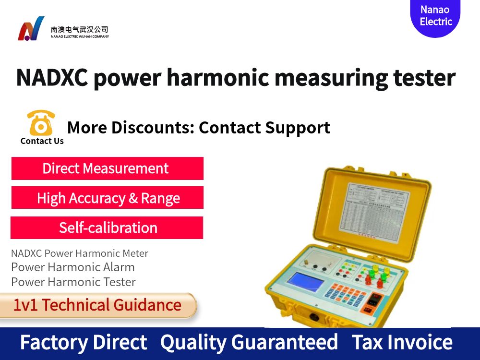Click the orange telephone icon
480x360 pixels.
tap(41, 123)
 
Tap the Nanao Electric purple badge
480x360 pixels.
tap(435, 16)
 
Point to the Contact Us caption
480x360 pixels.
tap(42, 141)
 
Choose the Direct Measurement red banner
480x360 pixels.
tap(107, 168)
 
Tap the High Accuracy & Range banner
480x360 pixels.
tap(108, 198)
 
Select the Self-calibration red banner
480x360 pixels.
tap(107, 228)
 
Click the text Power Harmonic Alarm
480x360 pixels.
tap(73, 267)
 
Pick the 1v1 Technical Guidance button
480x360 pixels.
tap(97, 305)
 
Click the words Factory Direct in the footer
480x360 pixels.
tap(83, 342)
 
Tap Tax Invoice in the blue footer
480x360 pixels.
tap(402, 342)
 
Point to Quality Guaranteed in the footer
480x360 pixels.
tap(249, 342)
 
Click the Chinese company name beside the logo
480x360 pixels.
tap(80, 29)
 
